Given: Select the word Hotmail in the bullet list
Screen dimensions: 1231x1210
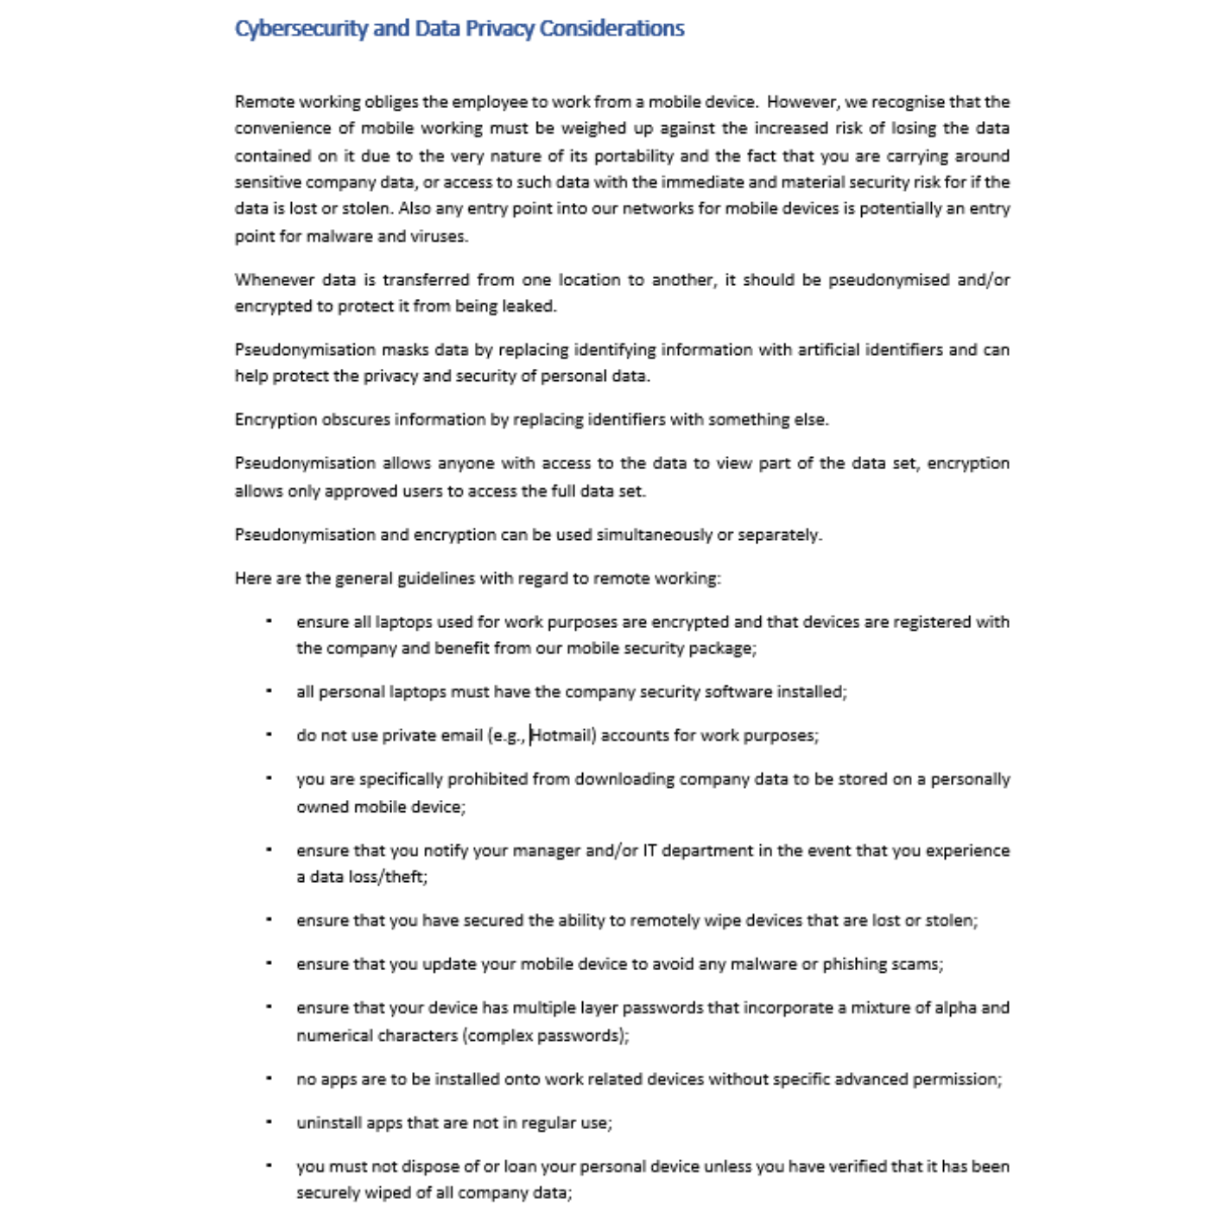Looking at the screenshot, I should (562, 736).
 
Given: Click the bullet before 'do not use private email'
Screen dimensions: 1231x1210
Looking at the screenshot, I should (269, 735).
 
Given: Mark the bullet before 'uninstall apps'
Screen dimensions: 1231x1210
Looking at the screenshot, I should (269, 1122).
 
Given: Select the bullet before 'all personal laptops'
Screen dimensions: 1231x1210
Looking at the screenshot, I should (269, 691).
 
